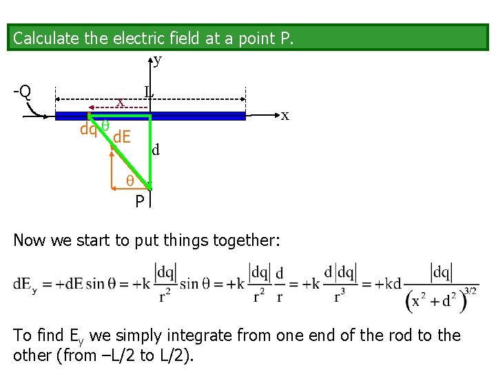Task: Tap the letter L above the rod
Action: click(149, 91)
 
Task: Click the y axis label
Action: click(158, 61)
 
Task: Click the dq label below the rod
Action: click(88, 129)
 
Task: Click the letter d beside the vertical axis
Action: click(156, 149)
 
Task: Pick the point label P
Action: click(139, 201)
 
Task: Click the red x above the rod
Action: click(120, 103)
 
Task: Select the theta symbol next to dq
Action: click(105, 125)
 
